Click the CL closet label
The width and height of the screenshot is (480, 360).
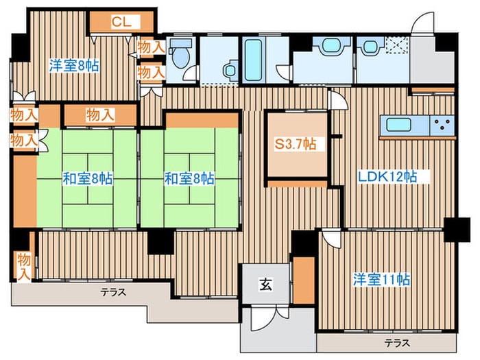click(121, 22)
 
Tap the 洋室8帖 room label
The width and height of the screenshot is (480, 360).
click(74, 66)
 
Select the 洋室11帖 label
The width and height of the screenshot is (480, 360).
click(381, 280)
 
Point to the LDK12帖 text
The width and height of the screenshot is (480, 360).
click(387, 177)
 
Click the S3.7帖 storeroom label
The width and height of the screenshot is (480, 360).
click(295, 144)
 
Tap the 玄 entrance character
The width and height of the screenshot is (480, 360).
click(265, 285)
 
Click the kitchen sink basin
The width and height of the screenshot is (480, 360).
click(398, 125)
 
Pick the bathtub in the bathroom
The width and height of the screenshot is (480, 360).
click(254, 60)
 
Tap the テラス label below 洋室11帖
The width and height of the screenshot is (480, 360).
click(397, 343)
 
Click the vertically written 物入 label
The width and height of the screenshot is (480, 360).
click(24, 266)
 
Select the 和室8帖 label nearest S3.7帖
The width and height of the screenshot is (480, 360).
click(189, 179)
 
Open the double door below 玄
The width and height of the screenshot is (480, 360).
click(269, 318)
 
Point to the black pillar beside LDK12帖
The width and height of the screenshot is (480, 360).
click(457, 230)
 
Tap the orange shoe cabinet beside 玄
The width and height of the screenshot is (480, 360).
click(304, 280)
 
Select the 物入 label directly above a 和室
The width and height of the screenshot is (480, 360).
click(100, 115)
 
